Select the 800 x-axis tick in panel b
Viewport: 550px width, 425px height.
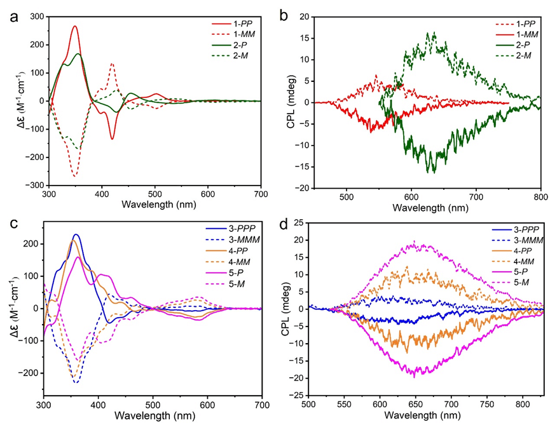(540, 198)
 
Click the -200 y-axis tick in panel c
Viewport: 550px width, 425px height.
(30, 373)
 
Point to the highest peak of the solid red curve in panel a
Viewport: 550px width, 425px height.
(75, 27)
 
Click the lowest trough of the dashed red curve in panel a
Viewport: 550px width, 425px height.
(75, 176)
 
